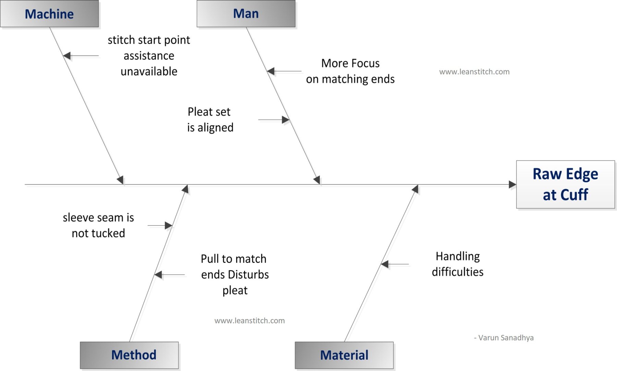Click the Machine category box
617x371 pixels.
pos(49,14)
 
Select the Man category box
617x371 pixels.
pos(246,14)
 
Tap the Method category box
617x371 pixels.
pos(129,355)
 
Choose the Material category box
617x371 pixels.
pos(344,355)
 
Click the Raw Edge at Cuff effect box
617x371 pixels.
pos(565,184)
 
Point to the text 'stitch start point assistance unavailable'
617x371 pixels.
pos(149,56)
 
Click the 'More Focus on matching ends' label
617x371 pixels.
pos(350,71)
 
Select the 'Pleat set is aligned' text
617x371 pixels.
pos(210,119)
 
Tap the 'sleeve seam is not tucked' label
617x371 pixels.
pos(98,225)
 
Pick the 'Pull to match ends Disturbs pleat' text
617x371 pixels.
pos(235,274)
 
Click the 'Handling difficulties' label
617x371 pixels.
pos(458,264)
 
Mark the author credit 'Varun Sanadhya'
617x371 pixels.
pos(504,338)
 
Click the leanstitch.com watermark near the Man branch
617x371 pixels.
pos(474,72)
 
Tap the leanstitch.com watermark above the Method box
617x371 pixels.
pos(250,321)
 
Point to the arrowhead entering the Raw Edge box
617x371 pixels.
pos(512,185)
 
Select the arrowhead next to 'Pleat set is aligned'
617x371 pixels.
pos(286,120)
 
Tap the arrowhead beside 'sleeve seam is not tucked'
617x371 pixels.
pos(168,225)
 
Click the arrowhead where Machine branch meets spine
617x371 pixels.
pos(120,179)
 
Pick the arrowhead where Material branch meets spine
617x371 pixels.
pos(415,189)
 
